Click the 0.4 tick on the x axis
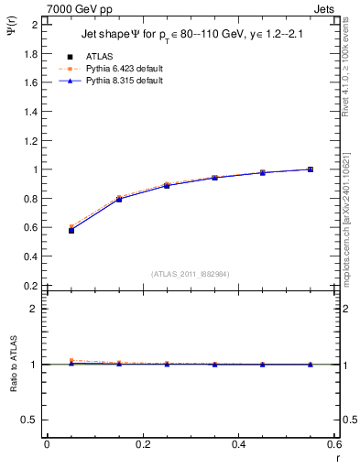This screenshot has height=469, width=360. [238, 444]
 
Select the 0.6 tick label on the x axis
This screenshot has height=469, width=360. [334, 444]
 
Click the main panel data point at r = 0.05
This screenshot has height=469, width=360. [71, 230]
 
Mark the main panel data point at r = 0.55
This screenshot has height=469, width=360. [311, 169]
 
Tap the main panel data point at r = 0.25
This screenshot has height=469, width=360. [167, 185]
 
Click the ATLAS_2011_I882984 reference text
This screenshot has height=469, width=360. [191, 274]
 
